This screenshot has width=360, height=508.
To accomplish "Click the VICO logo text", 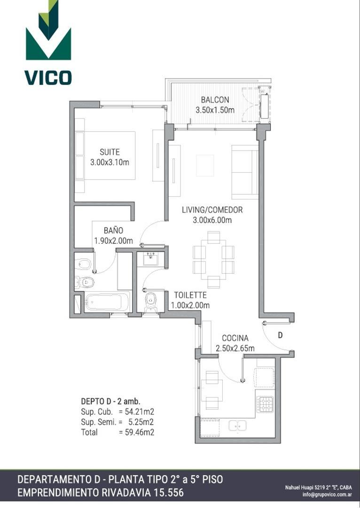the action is (48, 78).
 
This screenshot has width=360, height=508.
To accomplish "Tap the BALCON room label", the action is (215, 99).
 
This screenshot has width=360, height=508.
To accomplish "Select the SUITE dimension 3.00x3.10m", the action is (110, 162).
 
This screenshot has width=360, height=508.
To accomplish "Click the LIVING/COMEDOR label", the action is (212, 210).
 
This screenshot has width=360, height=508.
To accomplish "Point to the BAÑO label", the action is (113, 230).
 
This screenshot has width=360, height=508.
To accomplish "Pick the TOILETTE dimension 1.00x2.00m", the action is (190, 305).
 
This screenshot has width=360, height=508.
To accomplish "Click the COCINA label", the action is (235, 338).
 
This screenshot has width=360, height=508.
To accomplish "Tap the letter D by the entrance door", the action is (281, 335).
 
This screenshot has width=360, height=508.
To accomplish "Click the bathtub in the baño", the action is (107, 302).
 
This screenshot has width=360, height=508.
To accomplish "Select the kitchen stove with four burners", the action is (265, 404).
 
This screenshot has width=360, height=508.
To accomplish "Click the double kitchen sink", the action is (237, 425).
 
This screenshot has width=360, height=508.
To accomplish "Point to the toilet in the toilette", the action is (150, 302).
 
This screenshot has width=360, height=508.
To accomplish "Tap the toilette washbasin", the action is (150, 259).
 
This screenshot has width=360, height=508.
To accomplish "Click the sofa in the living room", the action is (245, 172).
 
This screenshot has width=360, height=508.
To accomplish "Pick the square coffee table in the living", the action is (205, 166).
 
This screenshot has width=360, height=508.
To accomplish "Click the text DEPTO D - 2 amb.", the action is (110, 401).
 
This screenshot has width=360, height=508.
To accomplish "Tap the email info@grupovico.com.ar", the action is (327, 494).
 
